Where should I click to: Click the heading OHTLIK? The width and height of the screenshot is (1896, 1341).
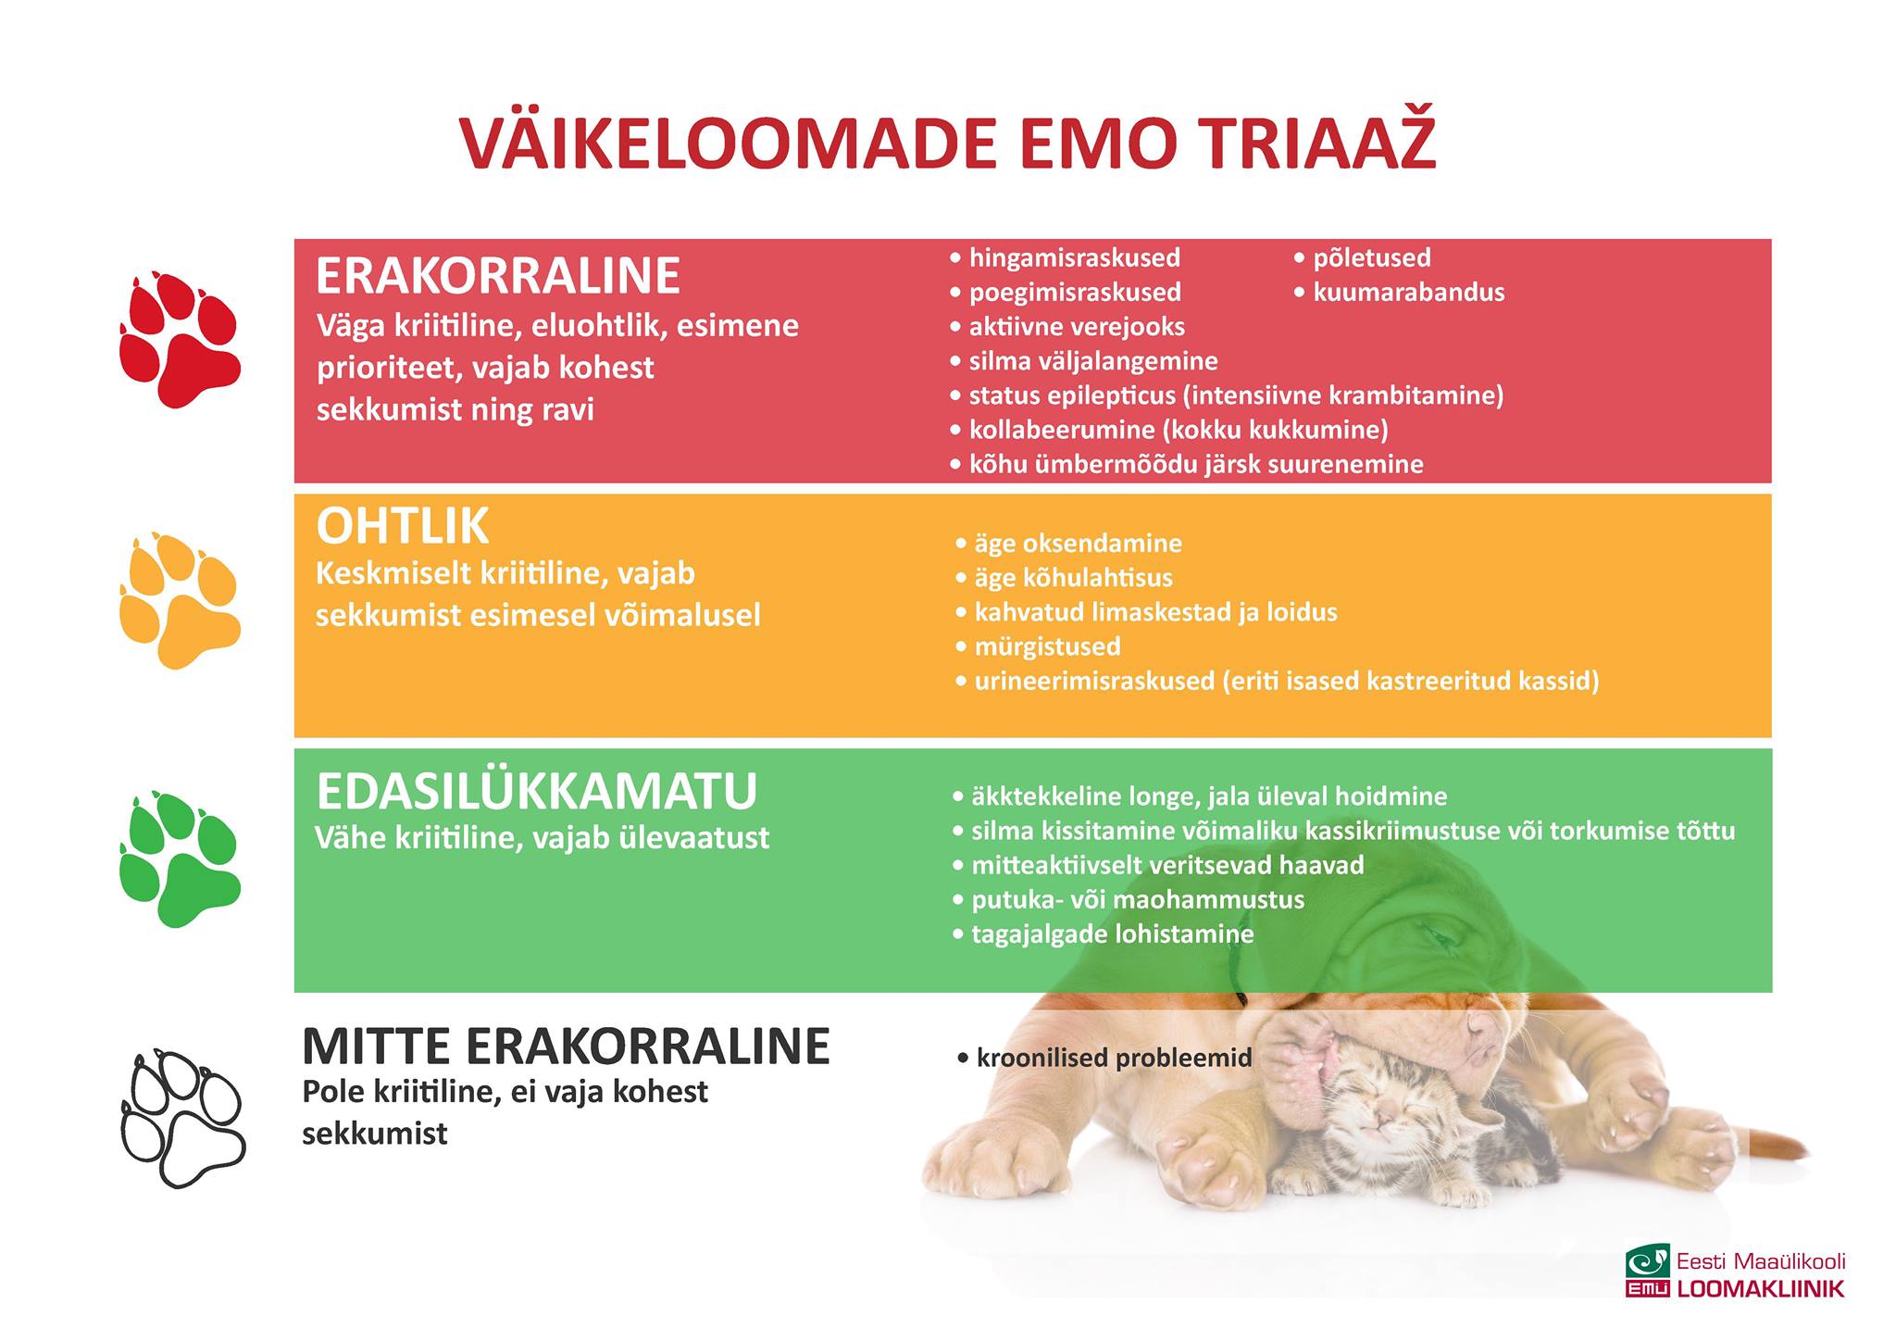pyautogui.click(x=402, y=527)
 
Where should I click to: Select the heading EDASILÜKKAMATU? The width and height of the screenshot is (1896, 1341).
pyautogui.click(x=537, y=792)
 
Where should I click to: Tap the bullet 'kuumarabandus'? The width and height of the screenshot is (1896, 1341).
pyautogui.click(x=1399, y=293)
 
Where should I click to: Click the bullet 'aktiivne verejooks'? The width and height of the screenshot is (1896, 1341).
pyautogui.click(x=1067, y=327)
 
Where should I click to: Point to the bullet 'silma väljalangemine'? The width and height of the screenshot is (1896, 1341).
pyautogui.click(x=1084, y=361)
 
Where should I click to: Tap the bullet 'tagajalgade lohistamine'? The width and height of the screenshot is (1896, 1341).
pyautogui.click(x=1103, y=934)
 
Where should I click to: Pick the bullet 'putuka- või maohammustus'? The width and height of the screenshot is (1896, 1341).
pyautogui.click(x=1129, y=899)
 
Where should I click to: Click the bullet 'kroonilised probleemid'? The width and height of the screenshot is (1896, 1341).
pyautogui.click(x=1104, y=1058)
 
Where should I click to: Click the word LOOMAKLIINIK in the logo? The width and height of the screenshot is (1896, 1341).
pyautogui.click(x=1761, y=1288)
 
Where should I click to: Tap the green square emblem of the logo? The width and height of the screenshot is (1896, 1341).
pyautogui.click(x=1648, y=1260)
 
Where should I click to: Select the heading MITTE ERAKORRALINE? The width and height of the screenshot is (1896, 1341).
pyautogui.click(x=566, y=1046)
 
